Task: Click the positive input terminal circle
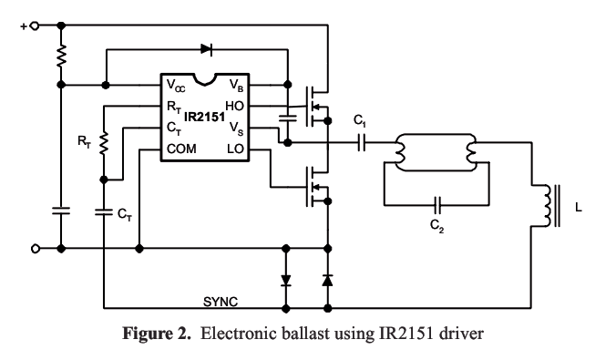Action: (x=35, y=26)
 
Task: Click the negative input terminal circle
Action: (x=36, y=249)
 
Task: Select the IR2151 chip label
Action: (x=204, y=117)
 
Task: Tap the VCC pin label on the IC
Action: (x=176, y=86)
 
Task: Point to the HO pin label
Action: (x=234, y=106)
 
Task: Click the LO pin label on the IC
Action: (x=235, y=149)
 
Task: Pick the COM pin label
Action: (x=181, y=149)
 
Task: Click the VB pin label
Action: (x=237, y=86)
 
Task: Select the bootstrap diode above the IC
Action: (x=207, y=49)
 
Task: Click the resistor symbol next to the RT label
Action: (x=104, y=143)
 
